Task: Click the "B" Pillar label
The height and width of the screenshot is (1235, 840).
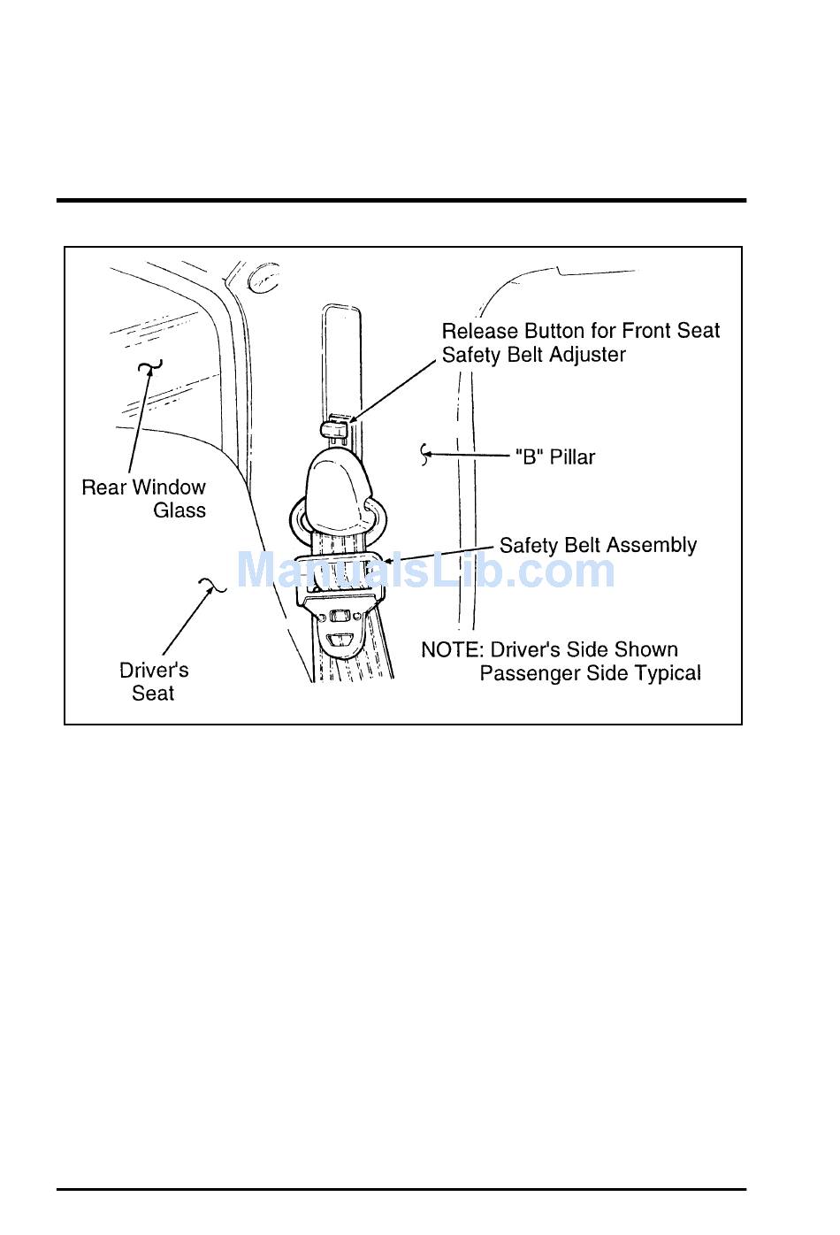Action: [x=555, y=457]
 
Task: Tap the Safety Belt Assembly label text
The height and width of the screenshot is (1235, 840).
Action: [x=598, y=545]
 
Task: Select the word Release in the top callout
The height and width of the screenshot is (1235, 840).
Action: [x=480, y=331]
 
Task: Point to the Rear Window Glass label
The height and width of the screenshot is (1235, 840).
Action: [x=144, y=498]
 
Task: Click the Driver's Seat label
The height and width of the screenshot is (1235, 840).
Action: [x=154, y=681]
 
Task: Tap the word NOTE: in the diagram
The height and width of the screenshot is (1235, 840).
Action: [x=453, y=649]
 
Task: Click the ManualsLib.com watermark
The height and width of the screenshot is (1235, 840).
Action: [x=425, y=570]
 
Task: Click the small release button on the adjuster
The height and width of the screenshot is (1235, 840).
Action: [x=334, y=428]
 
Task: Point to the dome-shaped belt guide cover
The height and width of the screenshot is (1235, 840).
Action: [x=337, y=490]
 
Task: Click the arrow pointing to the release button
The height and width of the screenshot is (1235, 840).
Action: [x=392, y=392]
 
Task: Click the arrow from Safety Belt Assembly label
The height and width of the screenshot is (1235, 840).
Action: [x=439, y=554]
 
